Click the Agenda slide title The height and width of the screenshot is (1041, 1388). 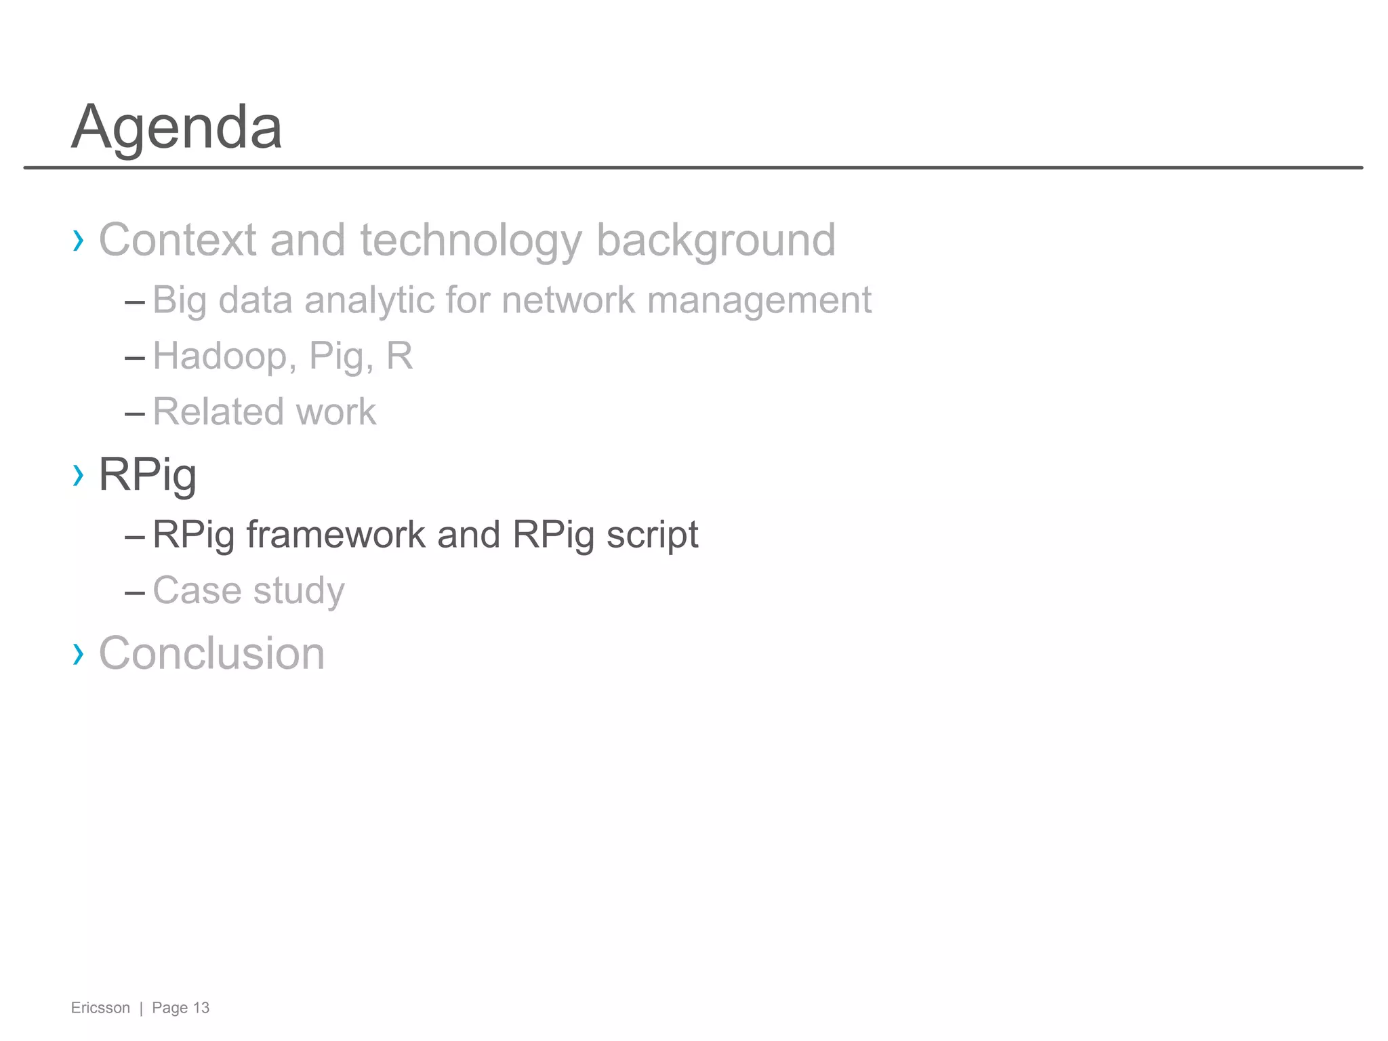click(177, 127)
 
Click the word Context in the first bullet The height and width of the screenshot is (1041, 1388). click(178, 240)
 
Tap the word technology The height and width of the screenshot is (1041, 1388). click(470, 240)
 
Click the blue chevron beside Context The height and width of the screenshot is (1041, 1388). click(79, 240)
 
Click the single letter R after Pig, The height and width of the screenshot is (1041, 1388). click(399, 356)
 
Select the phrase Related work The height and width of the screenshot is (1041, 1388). click(264, 411)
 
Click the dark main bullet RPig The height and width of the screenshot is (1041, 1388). click(148, 474)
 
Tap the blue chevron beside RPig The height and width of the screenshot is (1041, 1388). click(79, 475)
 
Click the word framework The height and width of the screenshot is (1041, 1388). click(335, 535)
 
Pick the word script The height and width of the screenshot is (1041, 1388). click(652, 535)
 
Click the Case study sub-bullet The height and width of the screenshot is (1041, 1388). click(249, 590)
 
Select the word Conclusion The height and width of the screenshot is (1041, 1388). click(211, 653)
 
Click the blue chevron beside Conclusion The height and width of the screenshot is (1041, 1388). click(79, 654)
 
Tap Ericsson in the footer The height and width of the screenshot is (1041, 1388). click(100, 1008)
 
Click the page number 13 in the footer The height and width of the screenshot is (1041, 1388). click(201, 1008)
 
